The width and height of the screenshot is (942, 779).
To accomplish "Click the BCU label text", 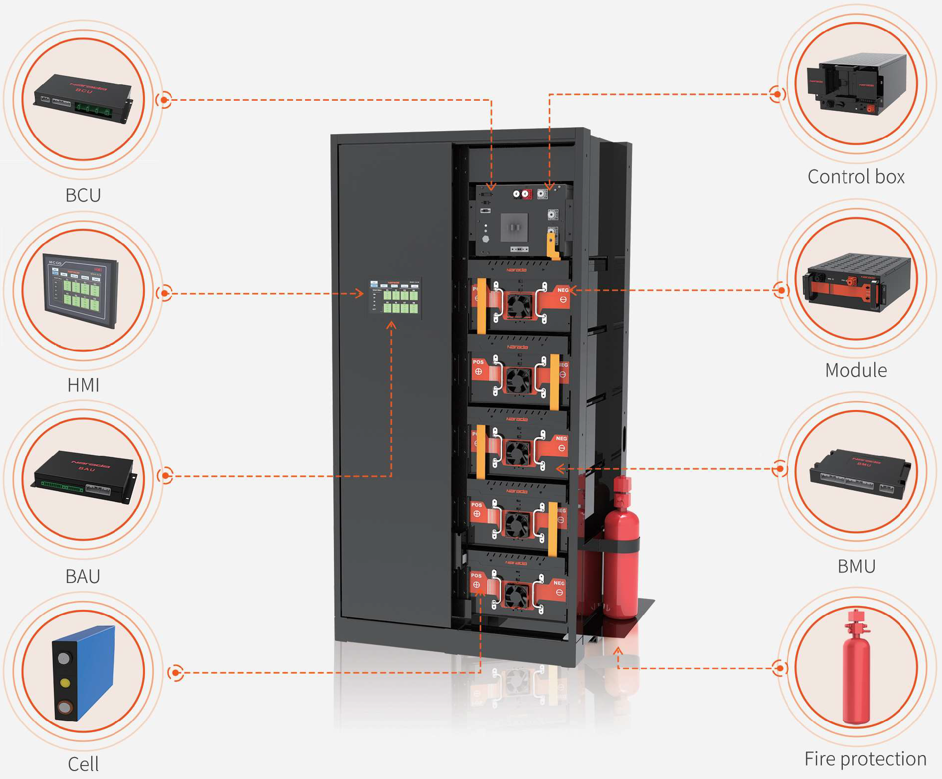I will (x=83, y=195).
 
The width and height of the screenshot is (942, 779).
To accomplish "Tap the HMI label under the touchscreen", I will (x=83, y=385).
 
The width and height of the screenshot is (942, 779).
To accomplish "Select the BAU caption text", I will (x=83, y=577).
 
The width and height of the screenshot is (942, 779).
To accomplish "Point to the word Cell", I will (x=83, y=764).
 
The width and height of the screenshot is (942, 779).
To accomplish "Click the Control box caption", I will (x=856, y=177).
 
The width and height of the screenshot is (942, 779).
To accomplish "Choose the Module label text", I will (x=856, y=370).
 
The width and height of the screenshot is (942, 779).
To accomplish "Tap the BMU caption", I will (x=856, y=567).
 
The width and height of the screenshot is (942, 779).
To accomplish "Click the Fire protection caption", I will (x=865, y=759).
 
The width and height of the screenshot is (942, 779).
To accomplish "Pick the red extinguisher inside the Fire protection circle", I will (x=856, y=668).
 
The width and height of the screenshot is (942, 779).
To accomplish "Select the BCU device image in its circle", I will (x=83, y=99).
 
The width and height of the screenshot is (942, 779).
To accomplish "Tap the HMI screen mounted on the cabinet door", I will (x=395, y=298).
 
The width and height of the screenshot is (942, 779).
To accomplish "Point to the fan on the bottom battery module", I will (x=516, y=596).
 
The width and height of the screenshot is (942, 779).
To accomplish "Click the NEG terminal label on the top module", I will (x=563, y=290).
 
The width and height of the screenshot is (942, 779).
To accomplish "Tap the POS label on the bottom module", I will (x=476, y=576).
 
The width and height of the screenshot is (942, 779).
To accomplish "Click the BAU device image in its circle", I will (x=83, y=476).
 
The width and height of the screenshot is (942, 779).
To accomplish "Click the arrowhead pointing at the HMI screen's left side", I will (x=360, y=293).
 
